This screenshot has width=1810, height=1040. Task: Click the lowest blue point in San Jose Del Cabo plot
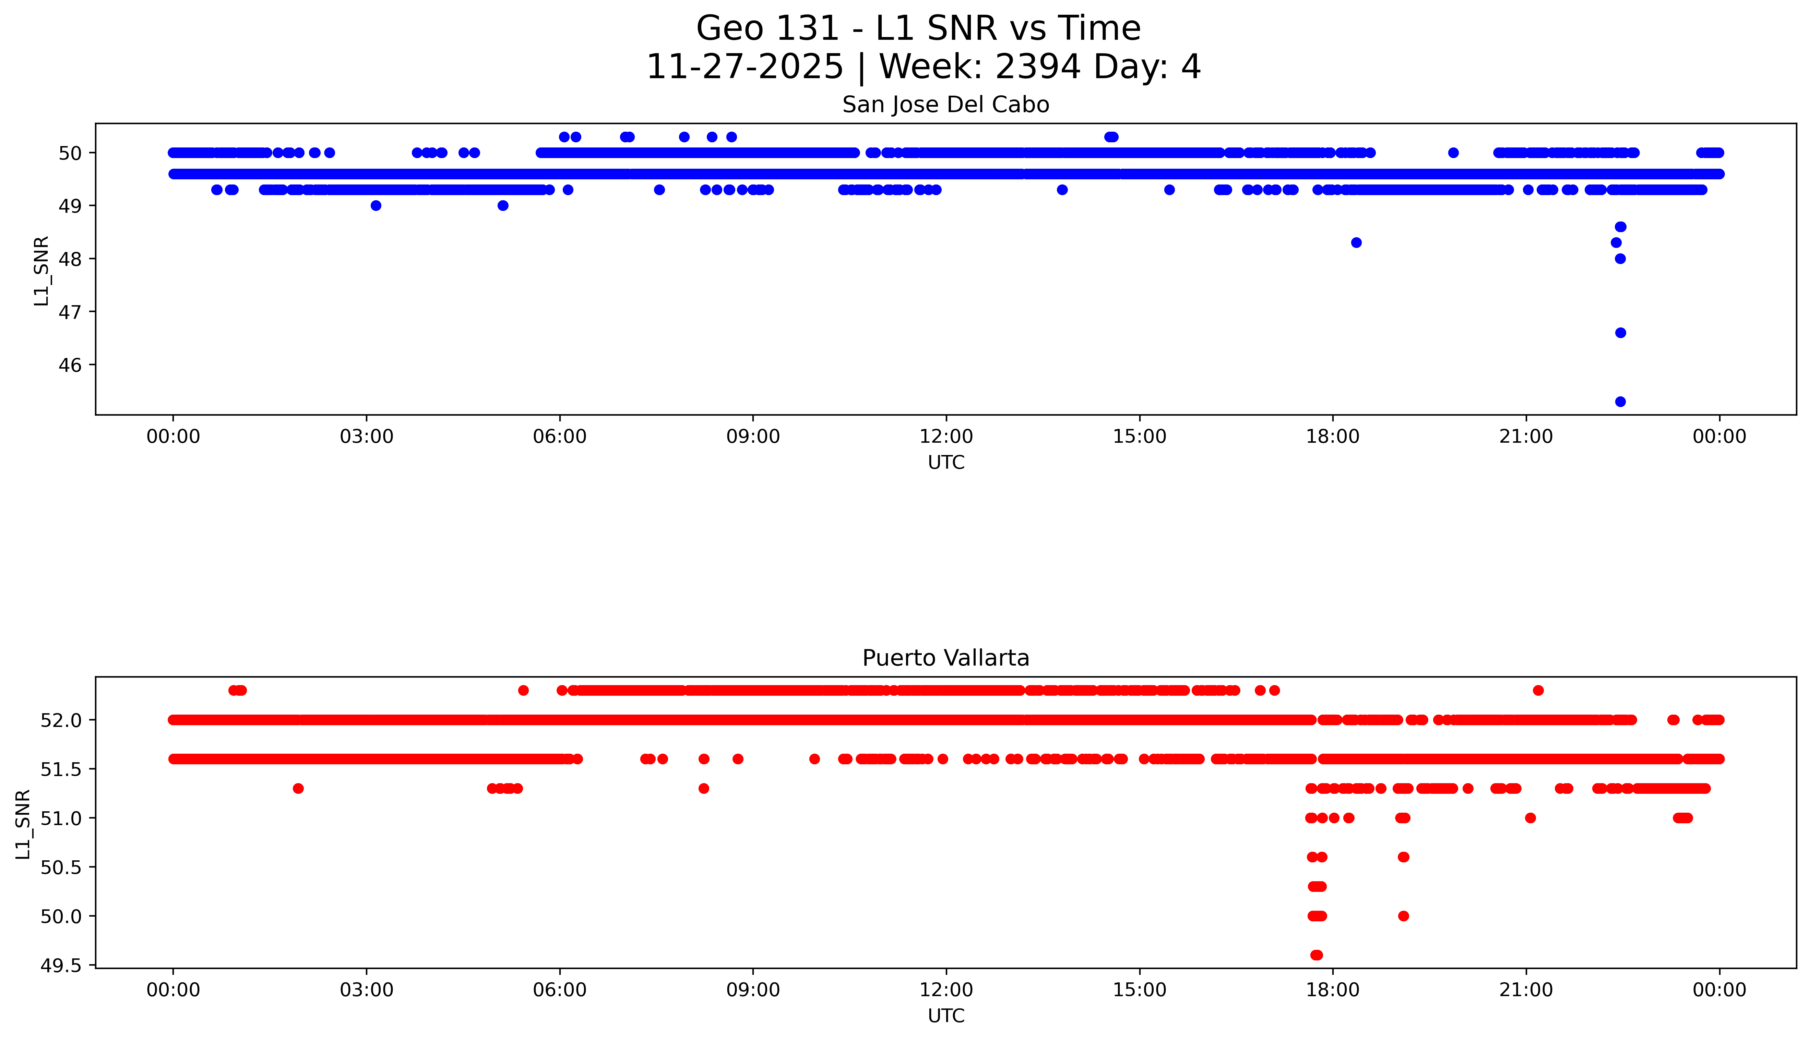coord(1620,402)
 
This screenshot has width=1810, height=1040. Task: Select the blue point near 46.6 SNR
coord(1620,333)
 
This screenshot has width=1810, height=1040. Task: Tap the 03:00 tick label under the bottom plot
coord(367,990)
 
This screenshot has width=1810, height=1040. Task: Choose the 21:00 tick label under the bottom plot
coord(1526,990)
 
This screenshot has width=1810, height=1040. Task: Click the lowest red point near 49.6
coord(1316,955)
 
